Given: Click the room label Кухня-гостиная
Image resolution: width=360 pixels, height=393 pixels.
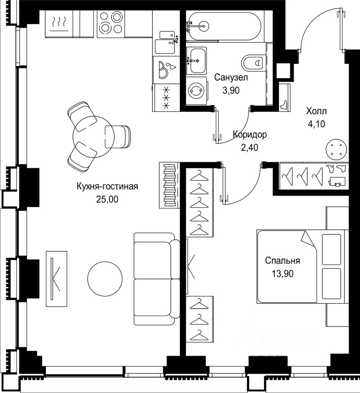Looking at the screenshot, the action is pyautogui.click(x=107, y=187).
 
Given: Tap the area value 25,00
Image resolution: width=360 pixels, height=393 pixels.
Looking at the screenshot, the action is pyautogui.click(x=107, y=199).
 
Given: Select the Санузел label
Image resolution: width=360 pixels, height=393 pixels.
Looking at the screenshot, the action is pyautogui.click(x=231, y=77).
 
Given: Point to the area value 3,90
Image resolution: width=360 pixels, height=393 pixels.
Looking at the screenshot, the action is pyautogui.click(x=231, y=90).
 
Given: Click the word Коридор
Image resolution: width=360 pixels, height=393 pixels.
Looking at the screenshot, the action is pyautogui.click(x=250, y=135).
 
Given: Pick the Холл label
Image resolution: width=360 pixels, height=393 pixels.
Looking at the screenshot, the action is pyautogui.click(x=316, y=111).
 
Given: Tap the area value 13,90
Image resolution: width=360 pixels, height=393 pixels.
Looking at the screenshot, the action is pyautogui.click(x=283, y=274).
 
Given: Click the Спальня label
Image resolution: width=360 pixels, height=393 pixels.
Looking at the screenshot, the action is pyautogui.click(x=283, y=261).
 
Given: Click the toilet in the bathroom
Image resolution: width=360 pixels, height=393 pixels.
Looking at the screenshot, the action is pyautogui.click(x=252, y=62).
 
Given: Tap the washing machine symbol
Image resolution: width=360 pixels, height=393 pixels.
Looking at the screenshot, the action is pyautogui.click(x=197, y=90).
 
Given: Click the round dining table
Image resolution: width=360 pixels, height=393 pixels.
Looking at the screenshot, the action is pyautogui.click(x=93, y=137).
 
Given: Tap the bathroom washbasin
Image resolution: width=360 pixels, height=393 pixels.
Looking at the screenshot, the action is pyautogui.click(x=197, y=61).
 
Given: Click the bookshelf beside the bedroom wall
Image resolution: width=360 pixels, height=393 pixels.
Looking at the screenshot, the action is pyautogui.click(x=170, y=185).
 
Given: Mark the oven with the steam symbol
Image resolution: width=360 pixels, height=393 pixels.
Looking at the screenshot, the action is pyautogui.click(x=59, y=24).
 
